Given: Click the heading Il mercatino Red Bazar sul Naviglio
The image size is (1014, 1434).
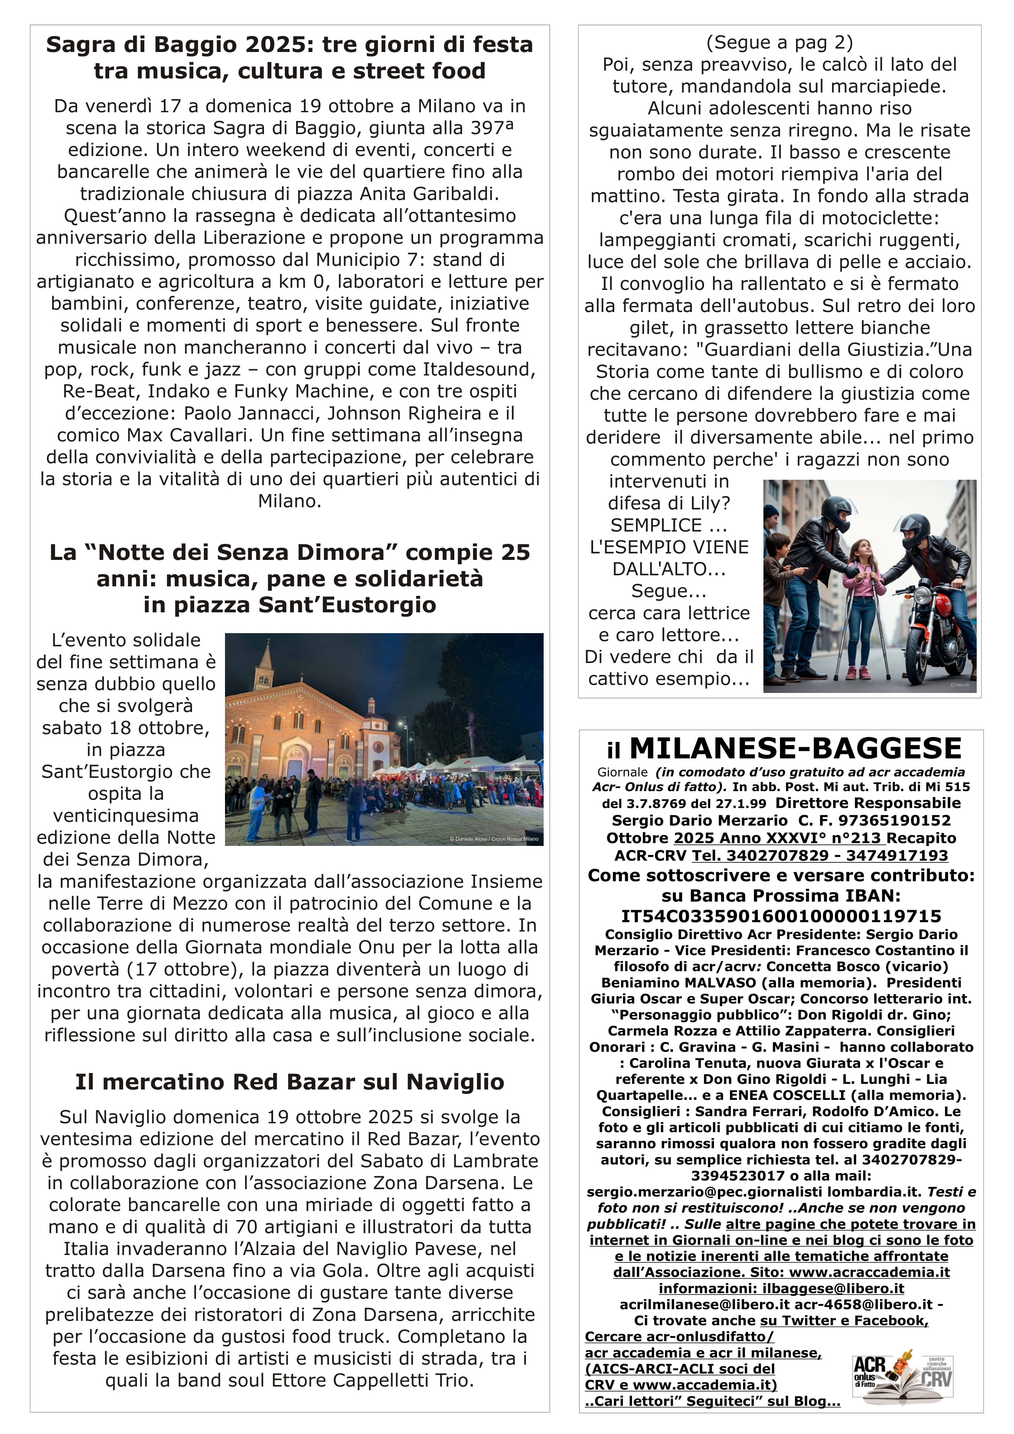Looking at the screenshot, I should click(289, 1081).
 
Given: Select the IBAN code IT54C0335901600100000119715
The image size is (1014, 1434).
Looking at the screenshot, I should click(781, 916).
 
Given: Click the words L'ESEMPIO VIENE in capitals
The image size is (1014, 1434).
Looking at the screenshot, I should click(668, 547).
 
